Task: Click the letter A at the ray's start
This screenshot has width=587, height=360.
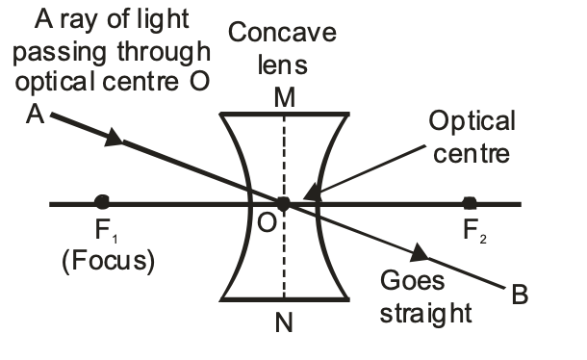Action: coord(37,115)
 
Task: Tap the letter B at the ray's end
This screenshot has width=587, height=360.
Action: coord(521,295)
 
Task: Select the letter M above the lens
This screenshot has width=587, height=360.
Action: coord(284,95)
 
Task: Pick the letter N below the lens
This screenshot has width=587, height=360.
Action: coord(284,323)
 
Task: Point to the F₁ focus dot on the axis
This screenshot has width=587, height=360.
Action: coord(102,202)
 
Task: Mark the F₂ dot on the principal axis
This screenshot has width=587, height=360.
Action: coord(470,202)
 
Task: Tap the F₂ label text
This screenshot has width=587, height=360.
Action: coord(472,233)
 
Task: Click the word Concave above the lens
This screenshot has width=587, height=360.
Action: coord(282,34)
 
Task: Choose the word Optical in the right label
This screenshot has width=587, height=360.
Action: coord(472,122)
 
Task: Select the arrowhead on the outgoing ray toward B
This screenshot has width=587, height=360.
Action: coord(421,254)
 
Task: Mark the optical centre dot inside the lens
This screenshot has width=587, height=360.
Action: coord(283,203)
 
